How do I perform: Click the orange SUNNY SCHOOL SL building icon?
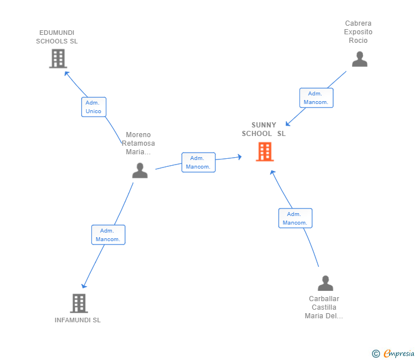coord(265,152)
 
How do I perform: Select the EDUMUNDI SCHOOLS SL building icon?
coord(58,59)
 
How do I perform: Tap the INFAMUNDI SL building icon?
coord(79,303)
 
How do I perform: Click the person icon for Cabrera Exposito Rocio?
coord(359,59)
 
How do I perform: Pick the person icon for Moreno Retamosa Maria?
coord(140,170)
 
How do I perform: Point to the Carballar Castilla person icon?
coord(325,283)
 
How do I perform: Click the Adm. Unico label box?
coord(94,107)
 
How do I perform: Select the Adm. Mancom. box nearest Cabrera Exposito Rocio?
coord(316,98)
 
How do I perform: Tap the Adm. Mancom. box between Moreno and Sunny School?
coord(198,162)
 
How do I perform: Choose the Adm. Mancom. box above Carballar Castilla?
coord(295,218)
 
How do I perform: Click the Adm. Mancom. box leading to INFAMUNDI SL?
coord(108,235)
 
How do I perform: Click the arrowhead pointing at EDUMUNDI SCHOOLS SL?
coord(66,73)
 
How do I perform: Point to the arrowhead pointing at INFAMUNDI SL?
coord(84,286)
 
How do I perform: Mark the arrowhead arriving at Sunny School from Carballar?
coord(272,173)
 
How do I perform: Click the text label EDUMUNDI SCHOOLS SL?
coord(57,37)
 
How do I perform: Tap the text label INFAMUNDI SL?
coord(78,320)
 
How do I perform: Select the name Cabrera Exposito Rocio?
coord(358,32)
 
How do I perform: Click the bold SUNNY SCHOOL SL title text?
coord(264,129)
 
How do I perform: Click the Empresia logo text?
coord(399,353)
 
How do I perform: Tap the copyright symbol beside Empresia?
coord(376,354)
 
